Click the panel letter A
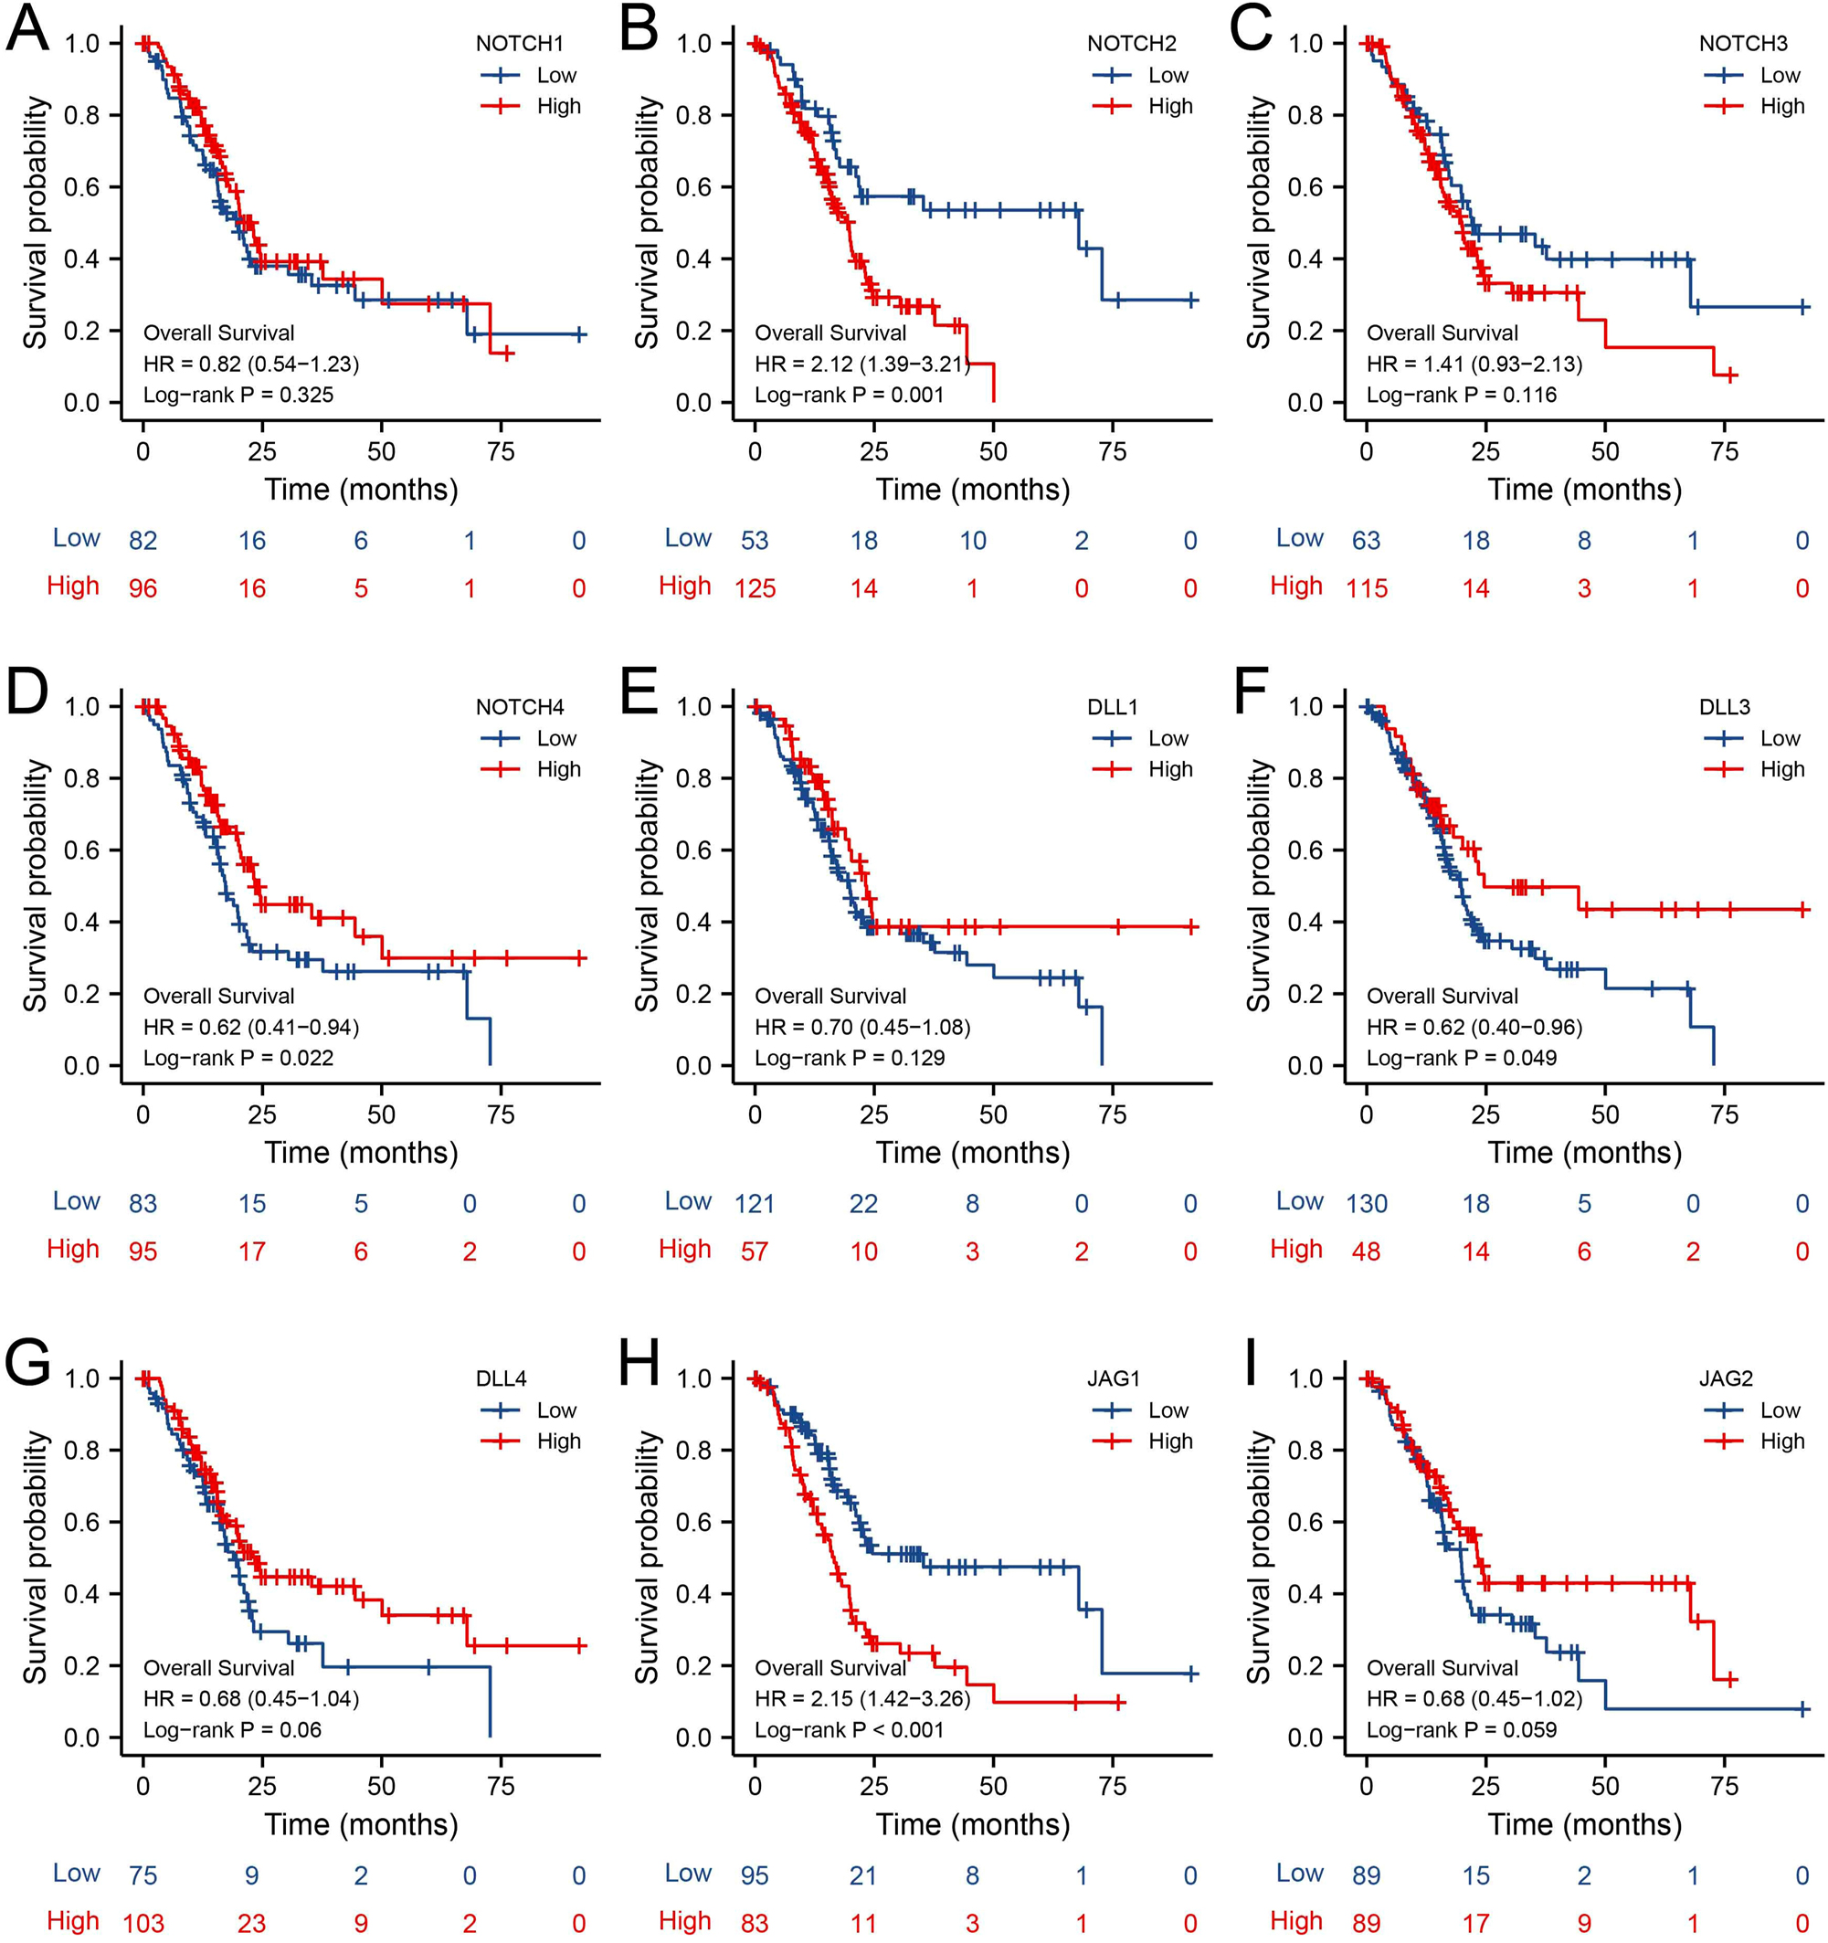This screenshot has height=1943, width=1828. (x=26, y=29)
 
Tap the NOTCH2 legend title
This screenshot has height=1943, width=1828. (x=1131, y=44)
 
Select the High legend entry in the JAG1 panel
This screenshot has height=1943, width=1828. (x=1170, y=1441)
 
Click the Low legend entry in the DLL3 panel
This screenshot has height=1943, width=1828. (x=1779, y=739)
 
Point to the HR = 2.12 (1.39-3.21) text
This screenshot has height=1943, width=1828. (x=861, y=364)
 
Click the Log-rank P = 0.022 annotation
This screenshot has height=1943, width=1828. (x=238, y=1058)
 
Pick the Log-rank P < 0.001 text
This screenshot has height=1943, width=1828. (x=849, y=1730)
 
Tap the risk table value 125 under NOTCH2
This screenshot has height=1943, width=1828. (x=755, y=588)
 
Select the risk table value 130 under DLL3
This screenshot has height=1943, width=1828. (x=1366, y=1204)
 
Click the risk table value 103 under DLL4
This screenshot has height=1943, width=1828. (x=143, y=1924)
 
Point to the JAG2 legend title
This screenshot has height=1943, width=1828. (x=1726, y=1379)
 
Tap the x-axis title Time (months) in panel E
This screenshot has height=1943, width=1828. (x=972, y=1152)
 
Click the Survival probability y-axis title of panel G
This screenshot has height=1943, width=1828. (x=37, y=1557)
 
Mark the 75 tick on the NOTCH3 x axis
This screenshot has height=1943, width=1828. (x=1725, y=451)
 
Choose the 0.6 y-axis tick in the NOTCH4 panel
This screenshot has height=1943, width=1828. (x=82, y=850)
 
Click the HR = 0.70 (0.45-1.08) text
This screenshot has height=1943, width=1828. (x=861, y=1027)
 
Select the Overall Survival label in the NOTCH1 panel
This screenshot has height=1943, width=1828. (x=218, y=333)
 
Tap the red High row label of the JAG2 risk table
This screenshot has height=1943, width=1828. (x=1295, y=1920)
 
